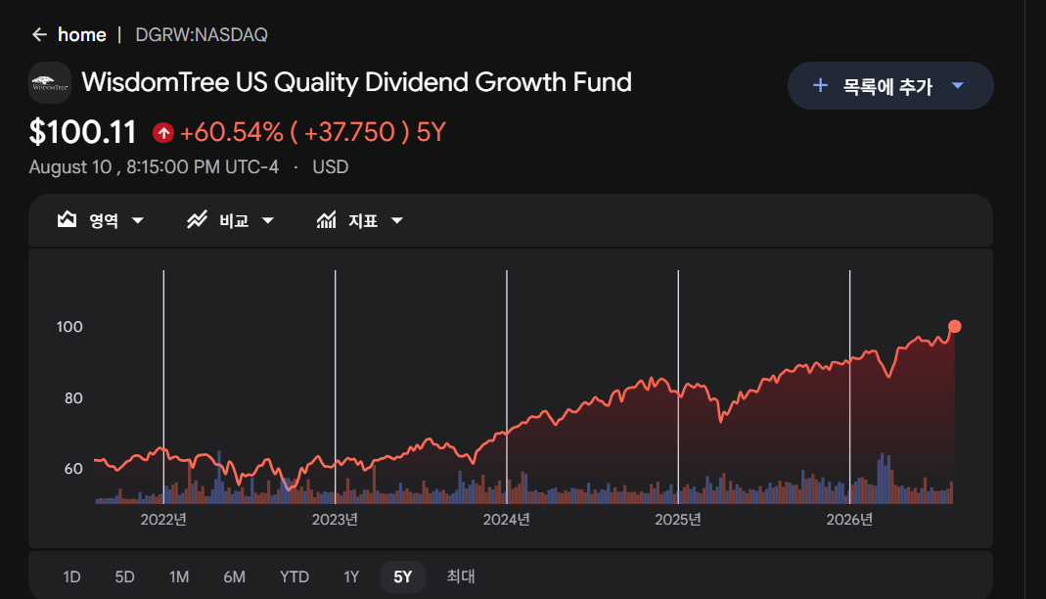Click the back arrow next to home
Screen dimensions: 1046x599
click(x=39, y=34)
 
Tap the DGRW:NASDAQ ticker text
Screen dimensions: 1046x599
click(x=202, y=34)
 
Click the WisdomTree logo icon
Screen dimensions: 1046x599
click(x=50, y=83)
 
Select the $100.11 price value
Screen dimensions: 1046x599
click(x=83, y=132)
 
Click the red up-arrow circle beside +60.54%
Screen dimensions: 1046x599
click(x=163, y=133)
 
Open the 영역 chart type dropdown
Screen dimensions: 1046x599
click(x=101, y=220)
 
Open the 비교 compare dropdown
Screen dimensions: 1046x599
click(x=231, y=220)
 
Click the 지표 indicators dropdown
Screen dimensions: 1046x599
click(x=360, y=220)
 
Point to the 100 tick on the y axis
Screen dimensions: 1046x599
click(x=69, y=327)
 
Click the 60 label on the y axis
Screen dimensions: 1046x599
click(x=73, y=469)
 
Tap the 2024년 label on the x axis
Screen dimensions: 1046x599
click(x=506, y=520)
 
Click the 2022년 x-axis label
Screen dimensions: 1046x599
click(x=163, y=520)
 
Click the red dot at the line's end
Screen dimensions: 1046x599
click(x=955, y=326)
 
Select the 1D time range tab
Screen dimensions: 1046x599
click(x=72, y=577)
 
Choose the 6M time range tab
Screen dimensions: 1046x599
click(x=234, y=577)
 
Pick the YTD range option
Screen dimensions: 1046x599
click(x=295, y=577)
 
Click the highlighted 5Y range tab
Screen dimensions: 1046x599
click(x=403, y=577)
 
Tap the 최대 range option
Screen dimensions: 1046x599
click(x=461, y=576)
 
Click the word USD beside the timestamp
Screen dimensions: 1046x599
click(x=331, y=166)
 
